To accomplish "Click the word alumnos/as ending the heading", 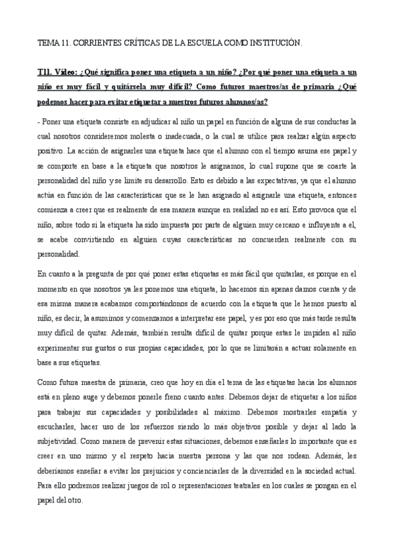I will pos(247,102).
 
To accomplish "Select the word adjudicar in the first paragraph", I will pos(150,122).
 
